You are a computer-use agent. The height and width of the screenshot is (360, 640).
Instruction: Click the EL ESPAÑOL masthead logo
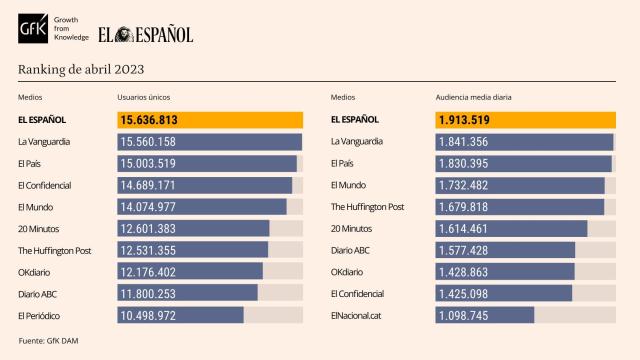pos(146,35)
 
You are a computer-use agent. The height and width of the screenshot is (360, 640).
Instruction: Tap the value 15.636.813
pos(156,120)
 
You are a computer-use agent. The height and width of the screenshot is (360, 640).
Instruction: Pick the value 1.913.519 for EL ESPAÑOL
pos(470,120)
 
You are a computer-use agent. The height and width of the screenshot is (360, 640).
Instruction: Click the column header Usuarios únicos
pos(144,97)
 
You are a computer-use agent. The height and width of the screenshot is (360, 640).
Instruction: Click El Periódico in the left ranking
pos(39,315)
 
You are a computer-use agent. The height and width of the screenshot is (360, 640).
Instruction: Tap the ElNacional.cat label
pos(355,315)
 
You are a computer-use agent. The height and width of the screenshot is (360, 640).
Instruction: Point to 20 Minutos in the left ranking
pos(39,228)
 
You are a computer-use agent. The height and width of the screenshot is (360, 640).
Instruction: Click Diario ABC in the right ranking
pos(351,250)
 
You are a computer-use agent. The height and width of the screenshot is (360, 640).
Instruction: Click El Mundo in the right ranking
pos(348,185)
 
